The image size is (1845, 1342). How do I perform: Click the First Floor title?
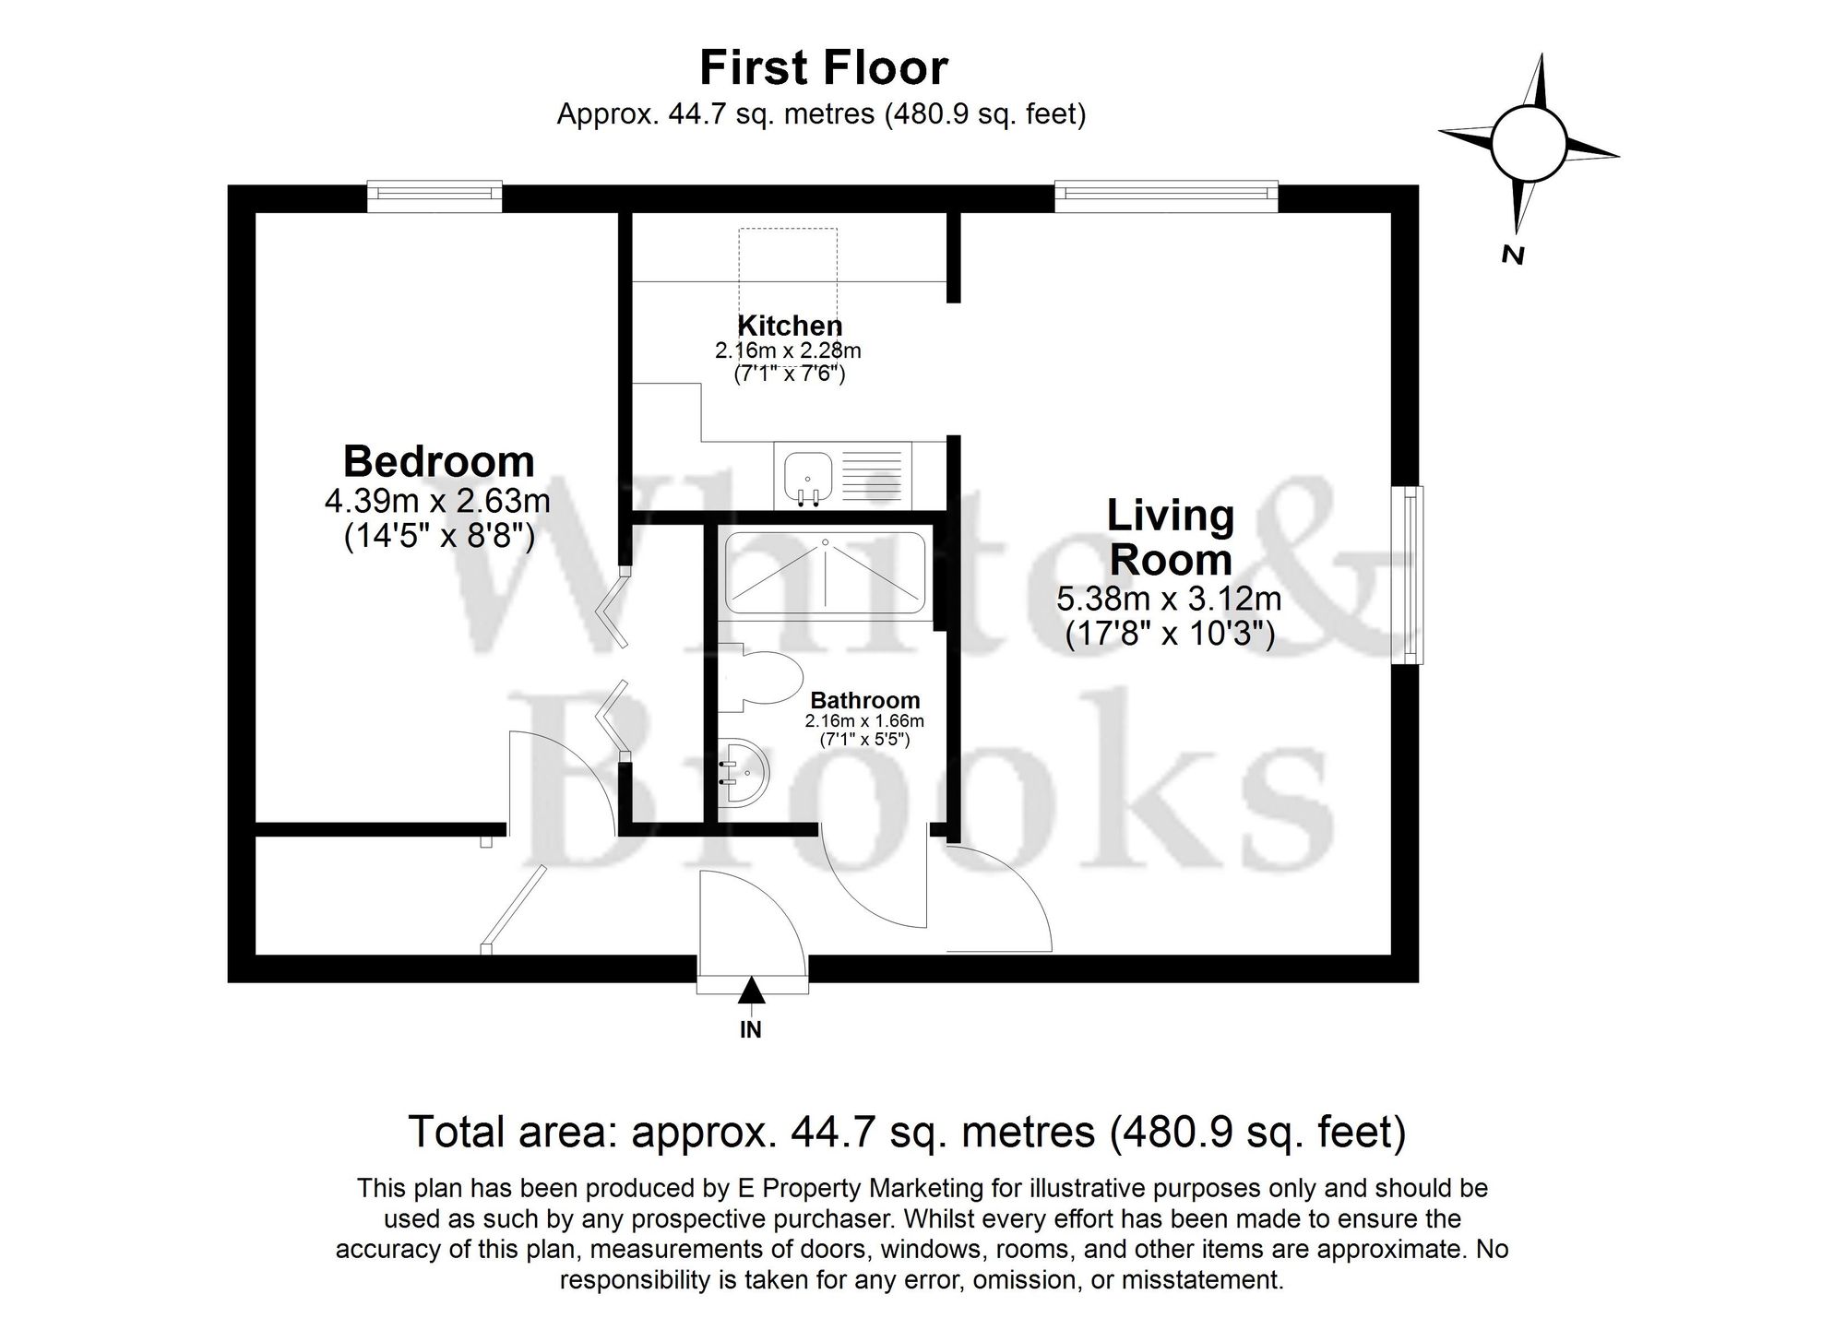[x=824, y=68]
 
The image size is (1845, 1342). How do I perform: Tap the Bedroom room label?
[x=439, y=461]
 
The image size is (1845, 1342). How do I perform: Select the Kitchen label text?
[x=790, y=326]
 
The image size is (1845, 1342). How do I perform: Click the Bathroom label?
[x=864, y=701]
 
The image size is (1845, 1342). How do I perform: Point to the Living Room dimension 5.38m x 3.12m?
[x=1169, y=600]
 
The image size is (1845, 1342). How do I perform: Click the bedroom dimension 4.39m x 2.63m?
[x=437, y=502]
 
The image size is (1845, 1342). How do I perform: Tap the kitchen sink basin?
[x=808, y=478]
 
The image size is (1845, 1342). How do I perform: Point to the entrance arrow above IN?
[x=752, y=991]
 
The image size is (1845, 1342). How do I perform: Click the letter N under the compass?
[x=1512, y=255]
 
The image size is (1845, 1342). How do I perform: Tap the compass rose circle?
[x=1529, y=144]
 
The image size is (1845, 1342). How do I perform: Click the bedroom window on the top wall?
[x=434, y=194]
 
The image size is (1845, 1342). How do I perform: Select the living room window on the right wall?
[x=1411, y=574]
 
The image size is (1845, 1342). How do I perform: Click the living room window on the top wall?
[x=1166, y=194]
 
